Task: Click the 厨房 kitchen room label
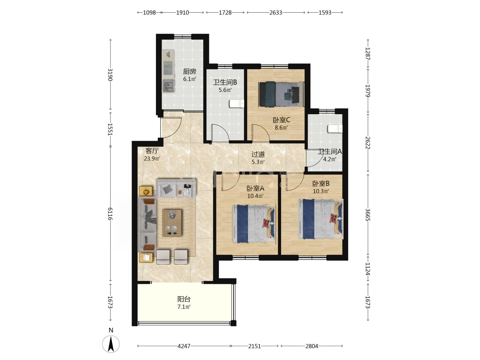tap(189, 71)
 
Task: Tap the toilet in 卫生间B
tap(236, 104)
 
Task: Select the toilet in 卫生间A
tap(335, 129)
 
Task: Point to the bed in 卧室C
tap(281, 94)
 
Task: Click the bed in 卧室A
tap(254, 224)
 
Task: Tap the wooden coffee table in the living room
tap(172, 223)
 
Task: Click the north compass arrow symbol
tap(111, 344)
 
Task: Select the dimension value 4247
tap(184, 346)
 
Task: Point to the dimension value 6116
tap(110, 214)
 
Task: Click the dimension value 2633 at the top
tap(276, 13)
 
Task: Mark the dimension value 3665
tap(368, 215)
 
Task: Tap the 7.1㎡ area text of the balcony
tap(184, 307)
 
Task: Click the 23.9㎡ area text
tap(152, 158)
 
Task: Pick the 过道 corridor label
tap(258, 154)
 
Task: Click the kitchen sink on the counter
tap(169, 86)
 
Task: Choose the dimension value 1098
tap(149, 13)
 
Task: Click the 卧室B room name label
tap(321, 183)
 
